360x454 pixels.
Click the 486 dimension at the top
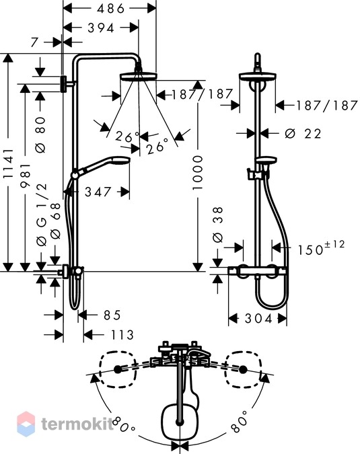[110, 8]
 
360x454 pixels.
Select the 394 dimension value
[101, 28]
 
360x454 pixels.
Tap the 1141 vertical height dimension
[9, 163]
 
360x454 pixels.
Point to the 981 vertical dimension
[26, 176]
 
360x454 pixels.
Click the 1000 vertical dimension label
[198, 173]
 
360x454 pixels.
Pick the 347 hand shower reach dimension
[98, 192]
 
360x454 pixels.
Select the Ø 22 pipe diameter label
[303, 133]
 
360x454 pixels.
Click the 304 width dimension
[258, 319]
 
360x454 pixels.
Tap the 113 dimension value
[122, 335]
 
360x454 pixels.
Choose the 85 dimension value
[112, 315]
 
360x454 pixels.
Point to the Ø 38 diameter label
[218, 225]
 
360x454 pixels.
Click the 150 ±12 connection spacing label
[322, 248]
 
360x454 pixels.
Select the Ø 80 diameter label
[41, 135]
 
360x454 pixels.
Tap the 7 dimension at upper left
[34, 42]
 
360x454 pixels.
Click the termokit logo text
[77, 424]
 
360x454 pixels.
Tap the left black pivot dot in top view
[118, 369]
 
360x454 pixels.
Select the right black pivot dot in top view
[243, 369]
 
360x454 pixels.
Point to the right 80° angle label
[240, 420]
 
